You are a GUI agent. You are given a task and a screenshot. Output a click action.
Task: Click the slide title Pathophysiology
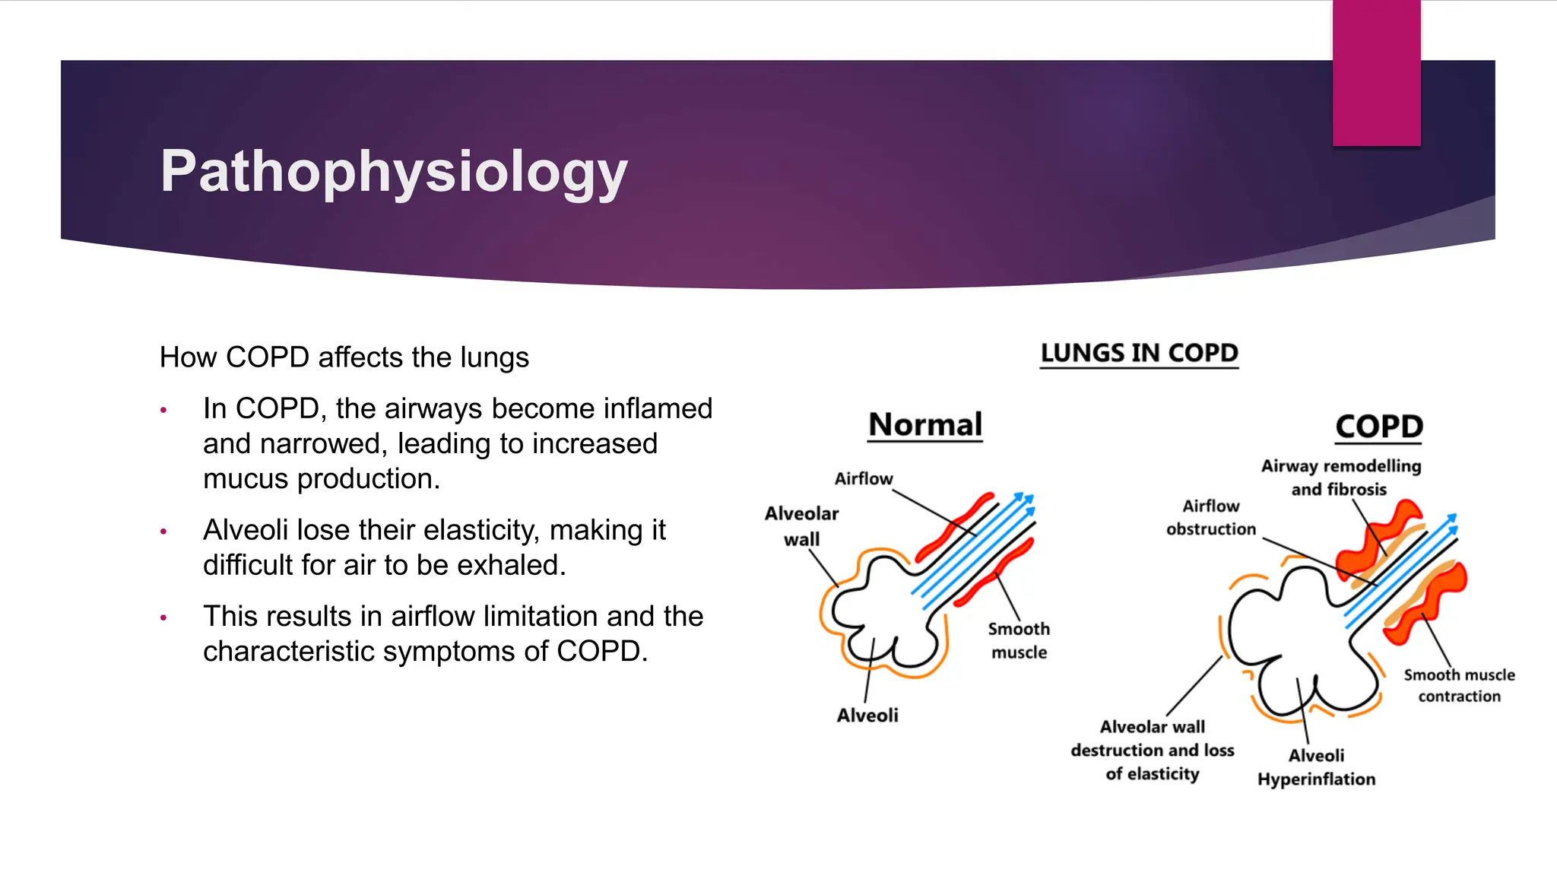(394, 172)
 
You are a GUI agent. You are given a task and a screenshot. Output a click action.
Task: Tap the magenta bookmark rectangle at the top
(1376, 73)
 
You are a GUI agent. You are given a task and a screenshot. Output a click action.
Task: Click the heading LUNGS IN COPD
(1139, 354)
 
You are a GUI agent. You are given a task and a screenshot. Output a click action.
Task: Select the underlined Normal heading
(925, 425)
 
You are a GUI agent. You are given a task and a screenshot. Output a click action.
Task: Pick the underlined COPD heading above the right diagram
(1379, 427)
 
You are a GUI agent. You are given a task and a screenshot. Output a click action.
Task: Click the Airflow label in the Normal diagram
(864, 479)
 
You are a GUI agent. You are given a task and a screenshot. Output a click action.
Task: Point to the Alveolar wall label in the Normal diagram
(801, 526)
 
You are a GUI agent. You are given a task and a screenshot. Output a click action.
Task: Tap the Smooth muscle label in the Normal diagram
(1019, 640)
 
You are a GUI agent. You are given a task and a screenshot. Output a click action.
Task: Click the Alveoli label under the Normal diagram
(867, 716)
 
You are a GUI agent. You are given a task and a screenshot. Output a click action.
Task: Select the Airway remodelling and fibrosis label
(1340, 478)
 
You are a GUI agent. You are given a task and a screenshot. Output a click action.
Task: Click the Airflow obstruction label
(1211, 517)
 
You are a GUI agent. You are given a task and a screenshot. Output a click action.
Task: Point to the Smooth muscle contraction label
(1459, 685)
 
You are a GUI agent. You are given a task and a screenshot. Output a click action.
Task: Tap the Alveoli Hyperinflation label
(1316, 767)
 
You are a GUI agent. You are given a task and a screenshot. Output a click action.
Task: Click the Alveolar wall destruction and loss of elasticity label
(1153, 751)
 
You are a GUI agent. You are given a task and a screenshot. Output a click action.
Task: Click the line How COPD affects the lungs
(344, 357)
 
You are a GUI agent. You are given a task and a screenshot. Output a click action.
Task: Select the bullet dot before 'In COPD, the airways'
(163, 411)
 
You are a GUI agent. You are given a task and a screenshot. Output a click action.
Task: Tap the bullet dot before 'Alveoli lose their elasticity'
(163, 532)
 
